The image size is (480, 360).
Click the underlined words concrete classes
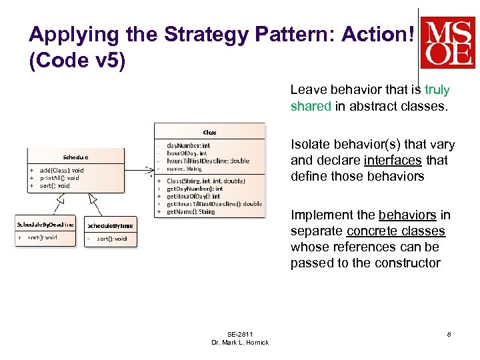(396, 231)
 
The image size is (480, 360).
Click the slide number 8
(449, 334)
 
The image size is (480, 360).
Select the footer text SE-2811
(240, 334)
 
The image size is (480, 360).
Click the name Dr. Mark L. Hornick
(240, 343)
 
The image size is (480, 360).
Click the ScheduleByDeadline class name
(45, 225)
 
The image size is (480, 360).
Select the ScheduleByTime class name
(110, 225)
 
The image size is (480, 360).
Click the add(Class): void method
(61, 171)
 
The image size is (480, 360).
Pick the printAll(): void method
(59, 178)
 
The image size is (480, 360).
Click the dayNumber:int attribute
(188, 145)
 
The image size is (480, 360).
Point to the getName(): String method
(191, 212)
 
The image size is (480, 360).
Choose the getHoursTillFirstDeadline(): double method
(214, 204)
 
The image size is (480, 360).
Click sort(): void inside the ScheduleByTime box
(111, 238)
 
